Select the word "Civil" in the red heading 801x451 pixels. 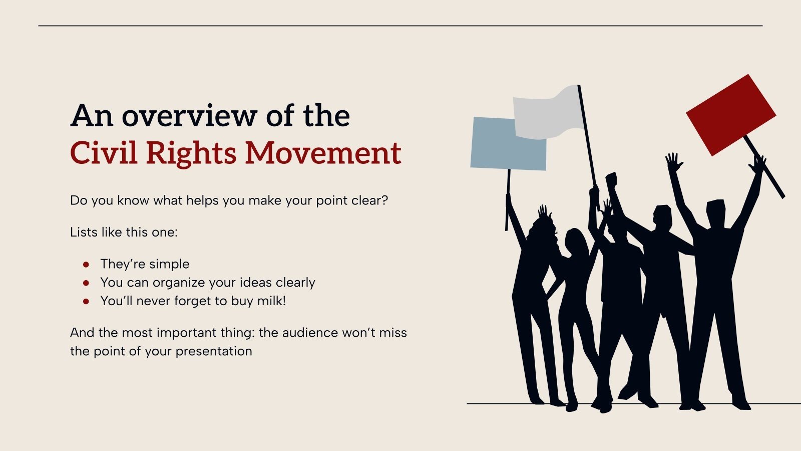103,153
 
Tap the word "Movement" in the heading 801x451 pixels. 323,153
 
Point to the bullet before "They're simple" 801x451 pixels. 86,264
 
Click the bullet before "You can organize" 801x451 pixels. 86,283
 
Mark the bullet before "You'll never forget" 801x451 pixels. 86,301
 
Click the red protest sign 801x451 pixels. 730,115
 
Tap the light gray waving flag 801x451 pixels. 549,113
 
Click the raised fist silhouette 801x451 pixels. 611,179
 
